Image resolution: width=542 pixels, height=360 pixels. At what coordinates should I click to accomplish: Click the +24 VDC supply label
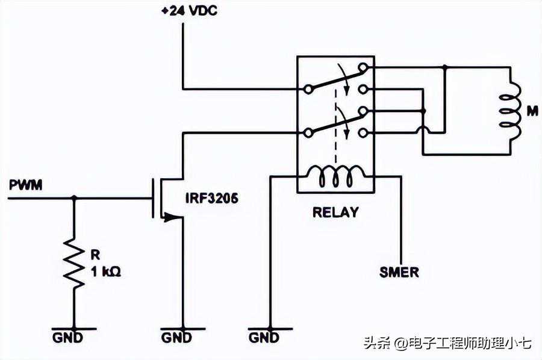tap(188, 10)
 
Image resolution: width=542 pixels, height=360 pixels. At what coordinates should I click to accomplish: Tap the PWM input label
tap(25, 185)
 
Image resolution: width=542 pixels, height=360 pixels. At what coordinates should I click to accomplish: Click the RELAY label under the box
tap(335, 212)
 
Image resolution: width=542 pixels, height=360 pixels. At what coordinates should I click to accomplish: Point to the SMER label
tap(399, 272)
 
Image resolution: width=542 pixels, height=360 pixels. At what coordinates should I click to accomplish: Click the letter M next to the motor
tap(532, 111)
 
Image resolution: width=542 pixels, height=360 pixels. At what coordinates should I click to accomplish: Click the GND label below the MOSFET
tap(176, 338)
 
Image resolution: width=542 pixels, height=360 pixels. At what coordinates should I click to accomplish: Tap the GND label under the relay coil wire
tap(263, 338)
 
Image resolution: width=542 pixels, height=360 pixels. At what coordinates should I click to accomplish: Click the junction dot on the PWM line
tap(75, 197)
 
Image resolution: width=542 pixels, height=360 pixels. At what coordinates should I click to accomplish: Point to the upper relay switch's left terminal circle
tap(308, 89)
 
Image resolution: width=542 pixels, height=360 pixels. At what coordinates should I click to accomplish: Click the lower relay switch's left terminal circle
tap(308, 132)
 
